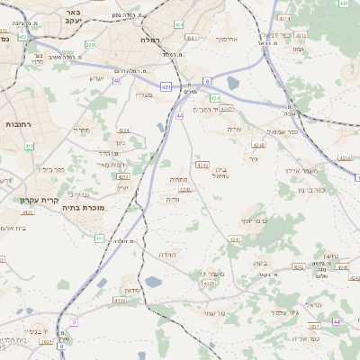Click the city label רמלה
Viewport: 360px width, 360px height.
click(x=149, y=40)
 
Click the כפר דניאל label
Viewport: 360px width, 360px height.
click(x=280, y=34)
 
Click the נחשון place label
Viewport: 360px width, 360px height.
click(x=330, y=256)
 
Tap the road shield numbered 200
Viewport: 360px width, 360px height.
click(x=89, y=43)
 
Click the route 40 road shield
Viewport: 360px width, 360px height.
click(x=116, y=80)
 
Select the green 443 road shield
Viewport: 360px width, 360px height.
click(x=345, y=4)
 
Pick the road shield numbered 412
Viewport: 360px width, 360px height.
click(x=30, y=145)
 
